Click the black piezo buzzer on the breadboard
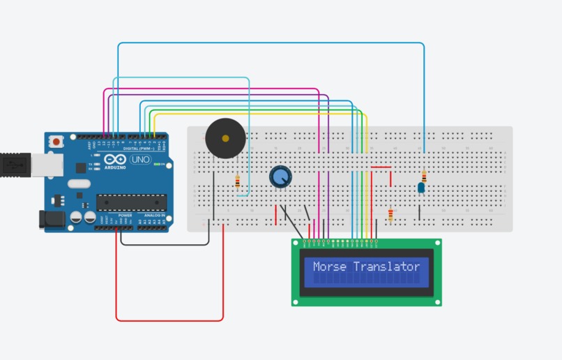(225, 138)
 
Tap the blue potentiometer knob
(280, 177)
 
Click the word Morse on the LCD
(330, 267)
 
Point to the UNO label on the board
(141, 160)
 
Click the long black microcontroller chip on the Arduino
(131, 202)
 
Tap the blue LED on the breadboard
(421, 187)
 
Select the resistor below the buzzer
(238, 182)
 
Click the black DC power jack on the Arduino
(53, 219)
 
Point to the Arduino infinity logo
(111, 161)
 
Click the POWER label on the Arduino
(126, 216)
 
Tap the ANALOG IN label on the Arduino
(155, 216)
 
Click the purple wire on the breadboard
(328, 174)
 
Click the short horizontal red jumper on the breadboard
(381, 167)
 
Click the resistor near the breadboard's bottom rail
(390, 215)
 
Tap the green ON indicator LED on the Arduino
(161, 165)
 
